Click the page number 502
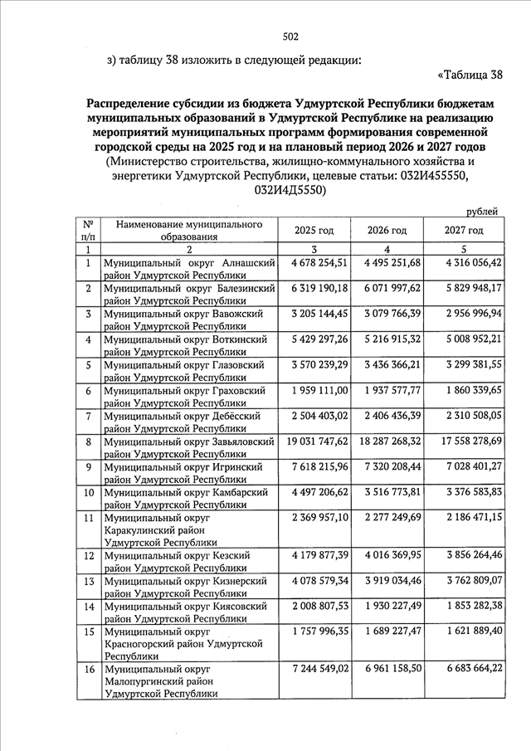(x=290, y=36)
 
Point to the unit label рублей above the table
(x=483, y=212)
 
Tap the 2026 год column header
(x=387, y=230)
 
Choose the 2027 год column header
(x=463, y=230)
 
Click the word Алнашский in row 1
(x=246, y=263)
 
